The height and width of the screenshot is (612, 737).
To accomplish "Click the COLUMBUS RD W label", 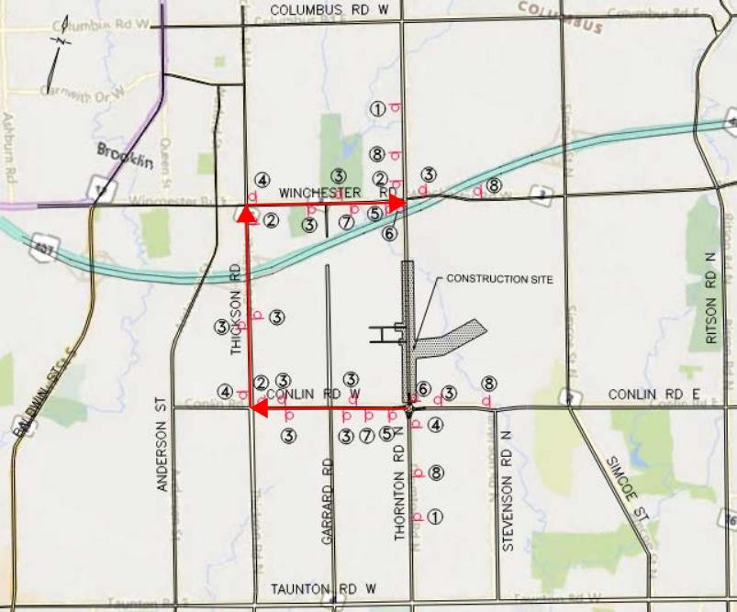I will [x=324, y=9].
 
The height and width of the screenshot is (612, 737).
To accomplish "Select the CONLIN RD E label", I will [x=653, y=395].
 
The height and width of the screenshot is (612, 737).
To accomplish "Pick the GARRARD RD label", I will [x=327, y=500].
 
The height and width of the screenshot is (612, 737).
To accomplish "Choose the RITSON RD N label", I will [x=709, y=298].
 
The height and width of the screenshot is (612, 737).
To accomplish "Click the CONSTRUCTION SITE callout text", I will [x=498, y=279].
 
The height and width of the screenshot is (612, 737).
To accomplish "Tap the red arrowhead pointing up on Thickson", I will [x=246, y=215].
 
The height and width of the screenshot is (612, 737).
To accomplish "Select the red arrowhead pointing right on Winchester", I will [x=397, y=203].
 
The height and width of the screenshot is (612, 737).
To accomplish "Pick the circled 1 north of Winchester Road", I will [x=376, y=108].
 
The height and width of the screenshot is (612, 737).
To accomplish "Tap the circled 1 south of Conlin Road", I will [x=435, y=517].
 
